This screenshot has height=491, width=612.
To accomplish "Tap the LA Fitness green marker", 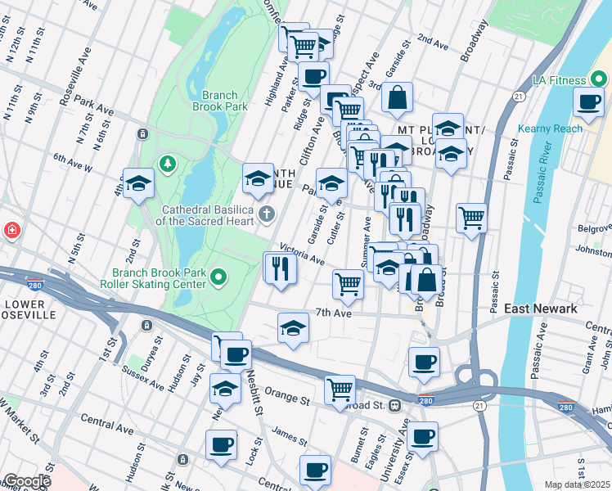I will tap(599, 80).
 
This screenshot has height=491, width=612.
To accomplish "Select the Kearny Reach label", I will tap(550, 128).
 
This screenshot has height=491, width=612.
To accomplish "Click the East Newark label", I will tap(541, 309).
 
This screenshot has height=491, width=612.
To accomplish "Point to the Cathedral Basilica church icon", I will tap(266, 215).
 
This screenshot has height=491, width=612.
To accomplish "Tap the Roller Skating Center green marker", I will tap(218, 278).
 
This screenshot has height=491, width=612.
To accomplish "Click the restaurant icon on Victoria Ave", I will tap(280, 268).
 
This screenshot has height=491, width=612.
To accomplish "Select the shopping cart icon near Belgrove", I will tap(471, 218).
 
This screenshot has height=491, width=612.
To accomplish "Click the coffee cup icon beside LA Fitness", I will tap(588, 101).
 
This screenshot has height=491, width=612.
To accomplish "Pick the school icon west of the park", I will tap(138, 183).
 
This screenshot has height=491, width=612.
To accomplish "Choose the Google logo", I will tap(27, 481).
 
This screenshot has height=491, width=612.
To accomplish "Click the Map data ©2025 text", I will tap(577, 484).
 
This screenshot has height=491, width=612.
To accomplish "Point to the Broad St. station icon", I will tap(395, 405).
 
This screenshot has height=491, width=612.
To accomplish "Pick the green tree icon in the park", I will tap(169, 164).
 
